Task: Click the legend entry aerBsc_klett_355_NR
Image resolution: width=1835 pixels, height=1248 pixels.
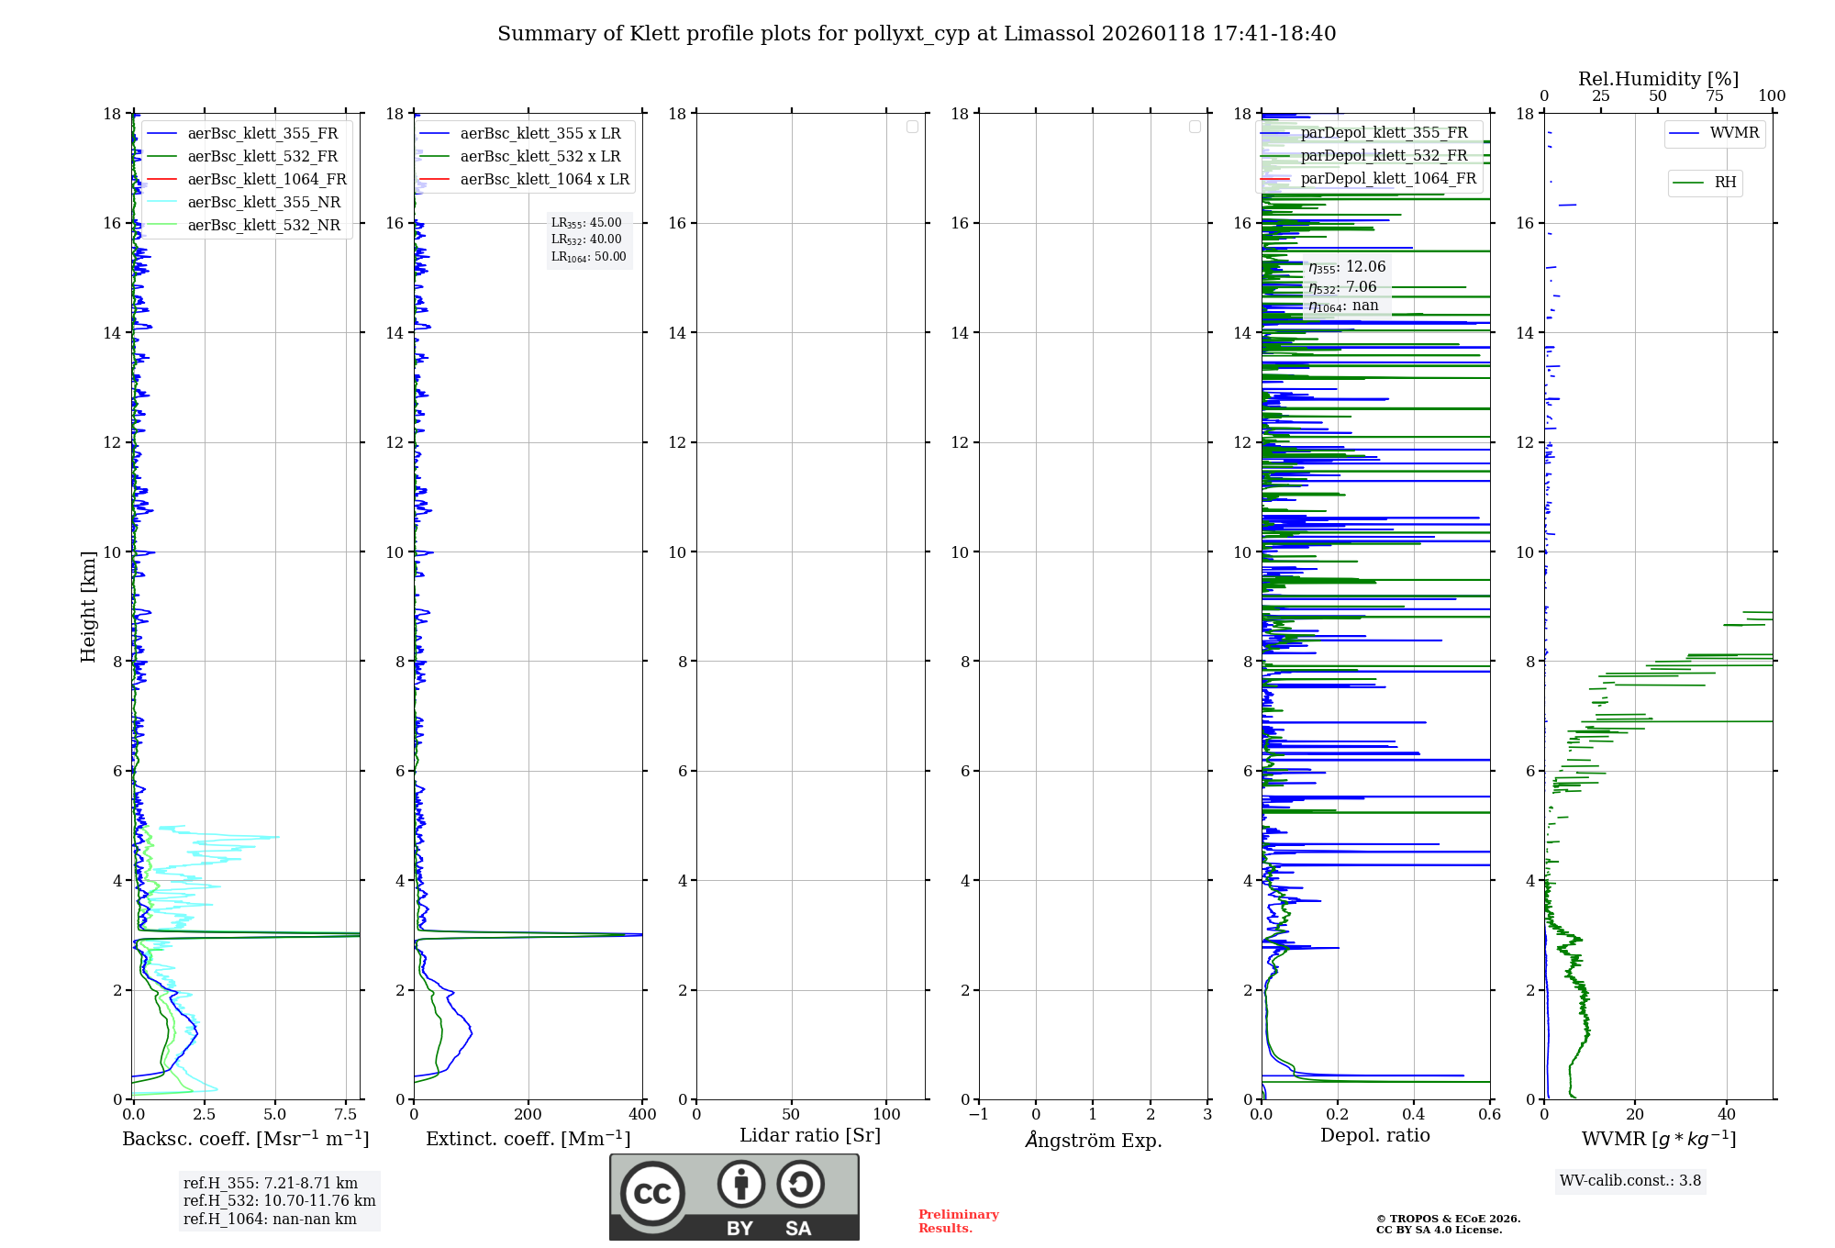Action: [263, 202]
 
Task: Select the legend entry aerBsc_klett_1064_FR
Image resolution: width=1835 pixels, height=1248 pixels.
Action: [266, 179]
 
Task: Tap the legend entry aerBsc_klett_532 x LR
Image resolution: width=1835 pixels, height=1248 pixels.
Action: [539, 156]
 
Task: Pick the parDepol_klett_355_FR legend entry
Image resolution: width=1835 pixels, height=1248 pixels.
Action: [1384, 132]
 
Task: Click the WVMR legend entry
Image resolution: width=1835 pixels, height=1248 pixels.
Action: [1734, 133]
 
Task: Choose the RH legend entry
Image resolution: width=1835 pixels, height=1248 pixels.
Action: [1725, 183]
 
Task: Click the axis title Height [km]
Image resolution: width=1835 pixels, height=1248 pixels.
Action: [88, 606]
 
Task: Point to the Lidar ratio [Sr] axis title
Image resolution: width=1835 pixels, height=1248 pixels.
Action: [810, 1135]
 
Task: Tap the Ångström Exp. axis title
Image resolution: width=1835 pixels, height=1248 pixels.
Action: [1093, 1140]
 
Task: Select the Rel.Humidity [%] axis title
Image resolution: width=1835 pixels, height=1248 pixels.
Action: [1658, 79]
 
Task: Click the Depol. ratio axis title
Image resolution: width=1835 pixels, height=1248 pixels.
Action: [1374, 1135]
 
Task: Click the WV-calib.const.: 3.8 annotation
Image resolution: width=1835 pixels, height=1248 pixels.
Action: [1629, 1181]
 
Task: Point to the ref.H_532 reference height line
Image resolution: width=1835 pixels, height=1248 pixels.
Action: [279, 1200]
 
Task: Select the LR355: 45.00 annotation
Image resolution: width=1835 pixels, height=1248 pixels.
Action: [586, 223]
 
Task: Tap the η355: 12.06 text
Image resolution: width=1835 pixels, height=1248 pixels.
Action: [1347, 267]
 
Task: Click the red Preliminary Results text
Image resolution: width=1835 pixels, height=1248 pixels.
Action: [958, 1220]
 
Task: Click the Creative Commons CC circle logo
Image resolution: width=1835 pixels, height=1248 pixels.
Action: [652, 1193]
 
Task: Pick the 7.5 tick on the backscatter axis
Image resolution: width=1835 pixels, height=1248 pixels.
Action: [346, 1114]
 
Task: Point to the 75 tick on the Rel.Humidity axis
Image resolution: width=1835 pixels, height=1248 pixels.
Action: [1715, 96]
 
